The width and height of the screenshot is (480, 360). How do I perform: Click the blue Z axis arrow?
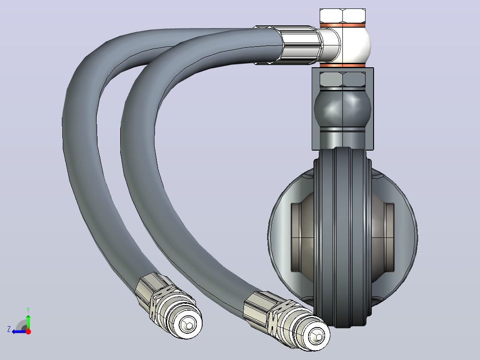click(19, 331)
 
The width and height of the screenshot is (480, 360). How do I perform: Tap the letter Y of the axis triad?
click(28, 310)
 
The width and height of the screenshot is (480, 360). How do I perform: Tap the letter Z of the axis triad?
click(9, 329)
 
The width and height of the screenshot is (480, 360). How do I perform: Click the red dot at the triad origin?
click(28, 331)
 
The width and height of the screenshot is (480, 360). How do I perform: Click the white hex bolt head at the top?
click(342, 16)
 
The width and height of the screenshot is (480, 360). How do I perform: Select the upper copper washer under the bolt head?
click(342, 25)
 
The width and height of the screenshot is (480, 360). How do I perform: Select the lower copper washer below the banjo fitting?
click(342, 65)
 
